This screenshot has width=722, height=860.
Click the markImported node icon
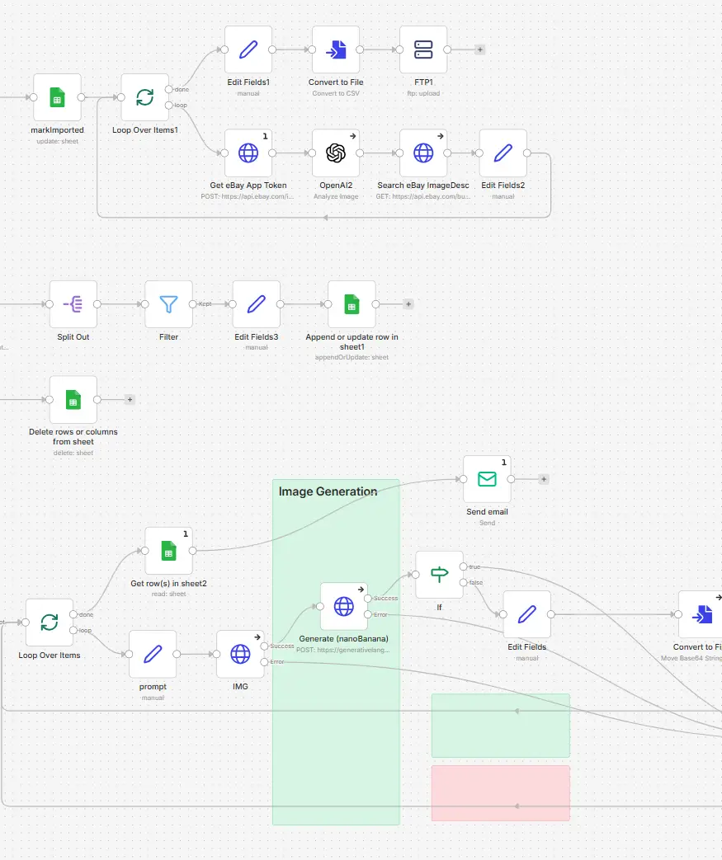(x=57, y=97)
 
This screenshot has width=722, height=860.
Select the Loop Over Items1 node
(x=144, y=97)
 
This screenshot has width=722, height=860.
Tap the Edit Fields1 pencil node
(x=248, y=49)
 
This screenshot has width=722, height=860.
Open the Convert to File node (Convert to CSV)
(x=336, y=49)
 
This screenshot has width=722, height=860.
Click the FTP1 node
(x=423, y=49)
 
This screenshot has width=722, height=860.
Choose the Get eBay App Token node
(x=248, y=153)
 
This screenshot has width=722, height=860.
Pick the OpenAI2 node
(x=336, y=153)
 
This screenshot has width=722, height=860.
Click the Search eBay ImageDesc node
(x=423, y=153)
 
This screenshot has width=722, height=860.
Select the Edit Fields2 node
(x=503, y=153)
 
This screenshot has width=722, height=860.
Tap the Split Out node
(x=73, y=304)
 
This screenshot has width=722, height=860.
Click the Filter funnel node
(x=168, y=304)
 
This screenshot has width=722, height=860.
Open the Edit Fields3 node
(x=256, y=304)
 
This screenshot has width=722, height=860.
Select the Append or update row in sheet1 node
(x=352, y=304)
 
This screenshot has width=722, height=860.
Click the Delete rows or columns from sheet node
(x=73, y=400)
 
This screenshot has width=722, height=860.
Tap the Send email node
(x=487, y=479)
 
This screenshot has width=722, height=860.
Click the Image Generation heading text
(x=328, y=491)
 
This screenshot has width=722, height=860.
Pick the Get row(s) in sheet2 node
(x=168, y=551)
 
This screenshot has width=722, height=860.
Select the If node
(x=439, y=575)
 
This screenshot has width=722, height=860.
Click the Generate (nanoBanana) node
(x=343, y=607)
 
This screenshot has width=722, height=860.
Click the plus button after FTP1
(x=480, y=49)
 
